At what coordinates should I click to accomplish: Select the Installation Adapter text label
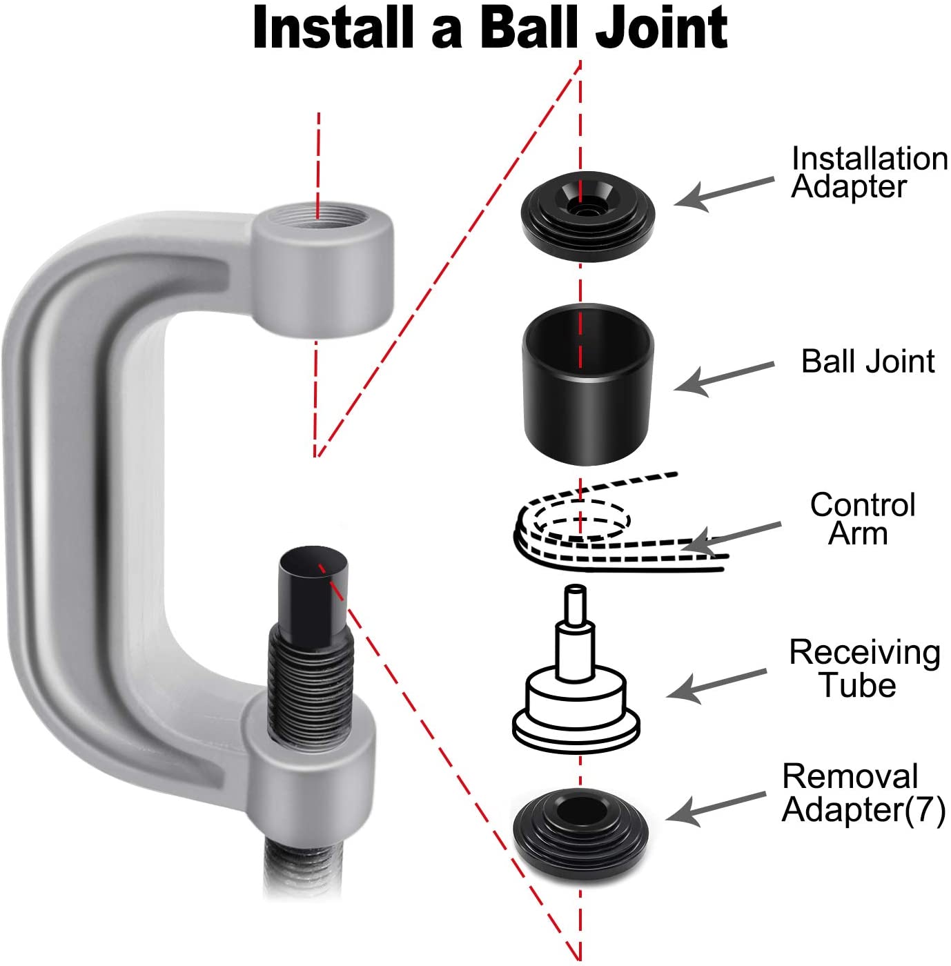click(x=870, y=172)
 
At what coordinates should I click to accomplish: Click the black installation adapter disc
click(x=587, y=216)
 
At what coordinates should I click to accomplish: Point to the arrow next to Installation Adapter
click(x=724, y=194)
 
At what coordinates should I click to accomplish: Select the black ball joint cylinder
click(x=588, y=384)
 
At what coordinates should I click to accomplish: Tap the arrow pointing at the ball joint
click(x=724, y=379)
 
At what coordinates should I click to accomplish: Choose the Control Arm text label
click(x=863, y=520)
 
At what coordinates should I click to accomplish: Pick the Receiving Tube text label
click(x=865, y=668)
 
